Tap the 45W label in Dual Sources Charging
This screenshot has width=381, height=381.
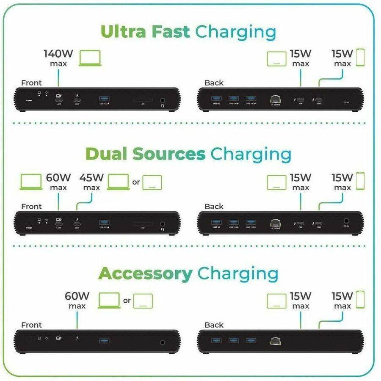click(x=91, y=178)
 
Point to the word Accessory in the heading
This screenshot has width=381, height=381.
click(x=145, y=274)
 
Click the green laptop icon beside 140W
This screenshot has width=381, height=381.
click(x=90, y=58)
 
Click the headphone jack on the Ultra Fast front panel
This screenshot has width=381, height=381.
click(x=163, y=101)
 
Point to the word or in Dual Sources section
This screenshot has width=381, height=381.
click(x=136, y=182)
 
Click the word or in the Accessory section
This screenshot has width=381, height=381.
click(x=127, y=301)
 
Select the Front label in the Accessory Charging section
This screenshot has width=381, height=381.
click(x=31, y=325)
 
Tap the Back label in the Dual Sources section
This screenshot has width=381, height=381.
click(x=214, y=206)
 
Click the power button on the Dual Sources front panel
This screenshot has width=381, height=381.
click(x=29, y=222)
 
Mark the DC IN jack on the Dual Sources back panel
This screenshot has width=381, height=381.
click(x=346, y=221)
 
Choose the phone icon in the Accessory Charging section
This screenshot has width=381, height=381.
click(x=360, y=299)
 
